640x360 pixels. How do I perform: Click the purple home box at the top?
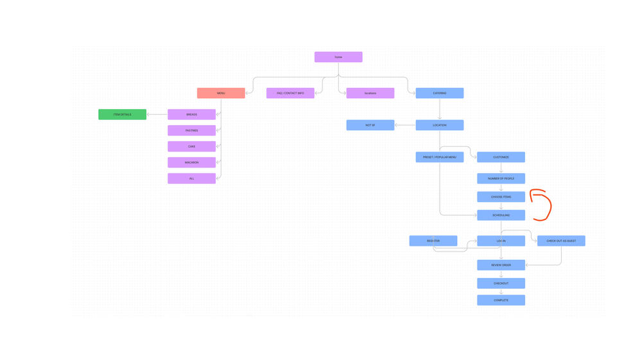pyautogui.click(x=338, y=57)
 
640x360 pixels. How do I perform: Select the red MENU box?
pyautogui.click(x=221, y=93)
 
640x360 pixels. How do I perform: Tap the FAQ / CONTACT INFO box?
pyautogui.click(x=290, y=93)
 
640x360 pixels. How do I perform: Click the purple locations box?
pyautogui.click(x=370, y=93)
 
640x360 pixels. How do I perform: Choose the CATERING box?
pyautogui.click(x=439, y=93)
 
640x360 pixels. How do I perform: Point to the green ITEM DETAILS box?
pyautogui.click(x=122, y=114)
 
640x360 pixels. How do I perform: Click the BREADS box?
pyautogui.click(x=191, y=114)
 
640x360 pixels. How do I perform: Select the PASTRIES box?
pyautogui.click(x=191, y=130)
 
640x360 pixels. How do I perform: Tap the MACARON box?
pyautogui.click(x=191, y=162)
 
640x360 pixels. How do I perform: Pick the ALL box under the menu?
pyautogui.click(x=191, y=178)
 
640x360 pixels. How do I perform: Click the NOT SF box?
pyautogui.click(x=370, y=125)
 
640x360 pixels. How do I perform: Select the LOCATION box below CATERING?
pyautogui.click(x=439, y=125)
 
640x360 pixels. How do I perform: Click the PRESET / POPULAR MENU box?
pyautogui.click(x=439, y=157)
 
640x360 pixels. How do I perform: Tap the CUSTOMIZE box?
pyautogui.click(x=501, y=157)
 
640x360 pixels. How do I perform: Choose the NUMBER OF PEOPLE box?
pyautogui.click(x=501, y=178)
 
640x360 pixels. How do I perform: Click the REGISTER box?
pyautogui.click(x=433, y=241)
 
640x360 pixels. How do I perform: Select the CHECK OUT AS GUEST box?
pyautogui.click(x=561, y=241)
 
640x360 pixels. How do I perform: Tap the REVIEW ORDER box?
pyautogui.click(x=501, y=265)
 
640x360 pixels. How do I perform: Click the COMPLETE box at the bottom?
pyautogui.click(x=501, y=300)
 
